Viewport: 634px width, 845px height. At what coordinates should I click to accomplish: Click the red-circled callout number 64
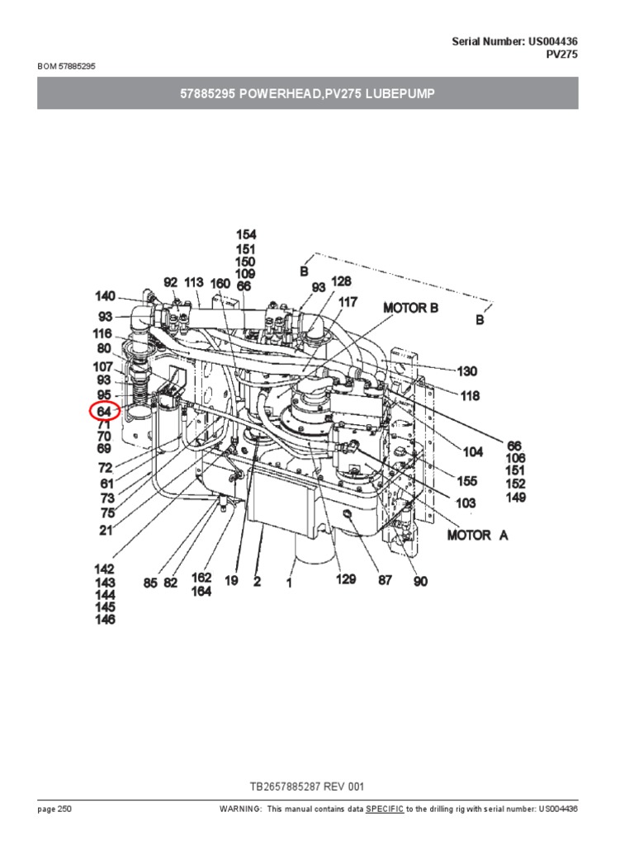tap(104, 410)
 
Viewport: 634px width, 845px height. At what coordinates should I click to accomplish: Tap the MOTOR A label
tap(478, 536)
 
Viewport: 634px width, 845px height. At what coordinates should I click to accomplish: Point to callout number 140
tap(105, 295)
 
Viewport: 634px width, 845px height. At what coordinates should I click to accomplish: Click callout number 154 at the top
tap(245, 235)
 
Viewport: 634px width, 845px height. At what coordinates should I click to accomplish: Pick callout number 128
tap(341, 281)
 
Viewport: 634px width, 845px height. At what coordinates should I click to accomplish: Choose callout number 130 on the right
tap(467, 372)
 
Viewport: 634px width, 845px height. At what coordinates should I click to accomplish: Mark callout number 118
tap(470, 396)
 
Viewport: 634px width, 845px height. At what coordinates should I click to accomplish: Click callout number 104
tap(473, 452)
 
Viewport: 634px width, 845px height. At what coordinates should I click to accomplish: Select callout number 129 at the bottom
tap(345, 580)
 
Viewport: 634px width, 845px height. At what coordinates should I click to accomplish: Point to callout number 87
tap(385, 581)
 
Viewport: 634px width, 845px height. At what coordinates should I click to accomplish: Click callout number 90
tap(421, 582)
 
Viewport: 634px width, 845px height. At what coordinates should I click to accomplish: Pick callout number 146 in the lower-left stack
tap(104, 620)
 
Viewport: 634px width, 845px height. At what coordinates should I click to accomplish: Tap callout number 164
tap(201, 592)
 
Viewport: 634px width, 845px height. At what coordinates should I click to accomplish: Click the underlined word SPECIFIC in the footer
tap(385, 809)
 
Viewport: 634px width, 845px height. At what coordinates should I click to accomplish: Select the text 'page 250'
tap(54, 809)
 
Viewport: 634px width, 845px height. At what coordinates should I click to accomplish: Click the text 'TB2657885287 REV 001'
tap(307, 787)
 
